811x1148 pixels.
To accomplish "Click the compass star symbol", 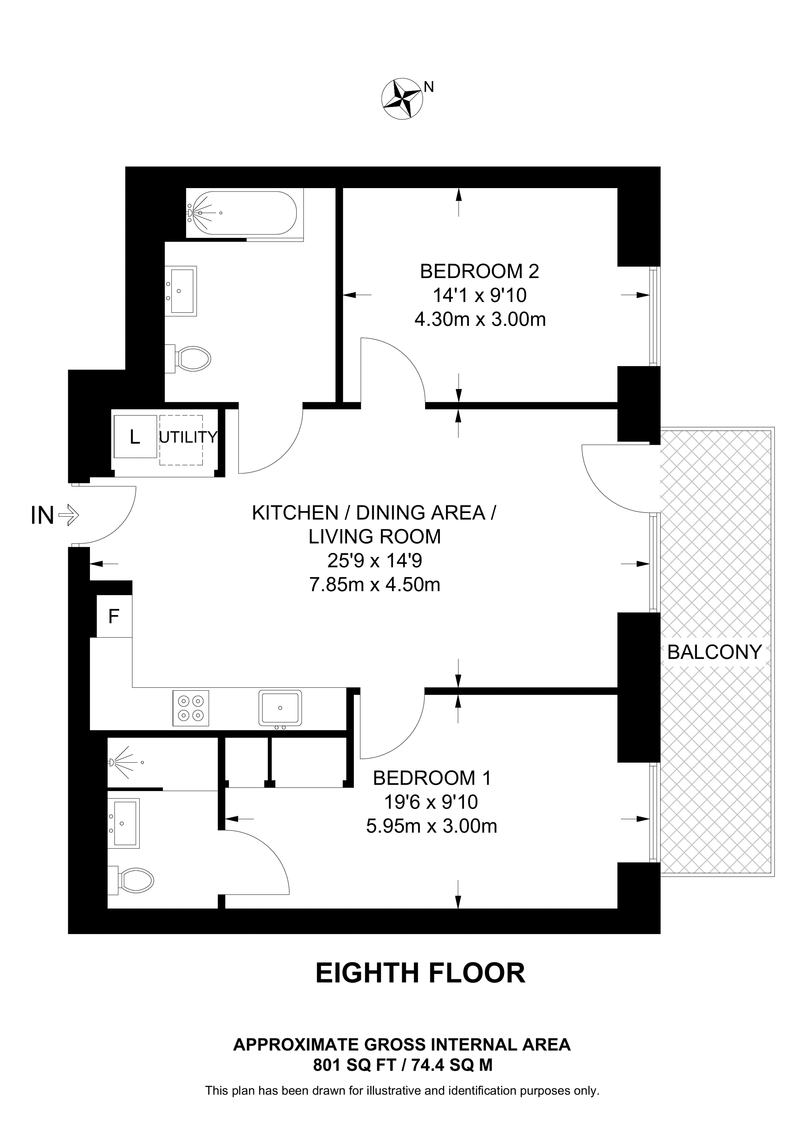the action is [x=402, y=98].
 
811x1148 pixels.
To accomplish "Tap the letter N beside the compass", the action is [x=429, y=87].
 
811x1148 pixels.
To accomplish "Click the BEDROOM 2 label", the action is [x=480, y=271].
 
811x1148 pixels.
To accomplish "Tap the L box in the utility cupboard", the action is [x=135, y=437].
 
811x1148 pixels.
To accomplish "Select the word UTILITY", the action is [x=188, y=437].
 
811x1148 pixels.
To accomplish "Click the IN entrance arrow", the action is [x=69, y=514].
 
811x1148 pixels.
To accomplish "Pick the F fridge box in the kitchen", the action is [x=114, y=617].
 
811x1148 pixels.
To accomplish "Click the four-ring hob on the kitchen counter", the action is [x=190, y=708].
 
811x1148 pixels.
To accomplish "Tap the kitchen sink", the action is [x=280, y=708].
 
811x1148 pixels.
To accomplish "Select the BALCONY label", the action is [x=714, y=652].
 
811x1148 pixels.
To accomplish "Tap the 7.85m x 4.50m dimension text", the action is [x=375, y=584].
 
